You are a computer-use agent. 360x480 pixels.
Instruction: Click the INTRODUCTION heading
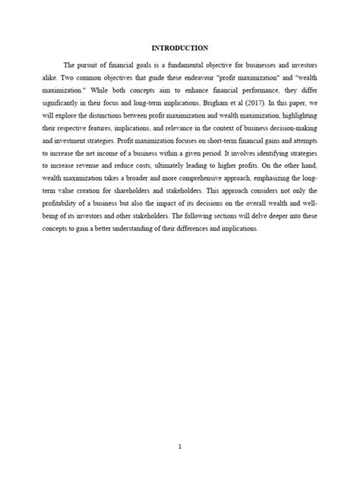pyautogui.click(x=179, y=48)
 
